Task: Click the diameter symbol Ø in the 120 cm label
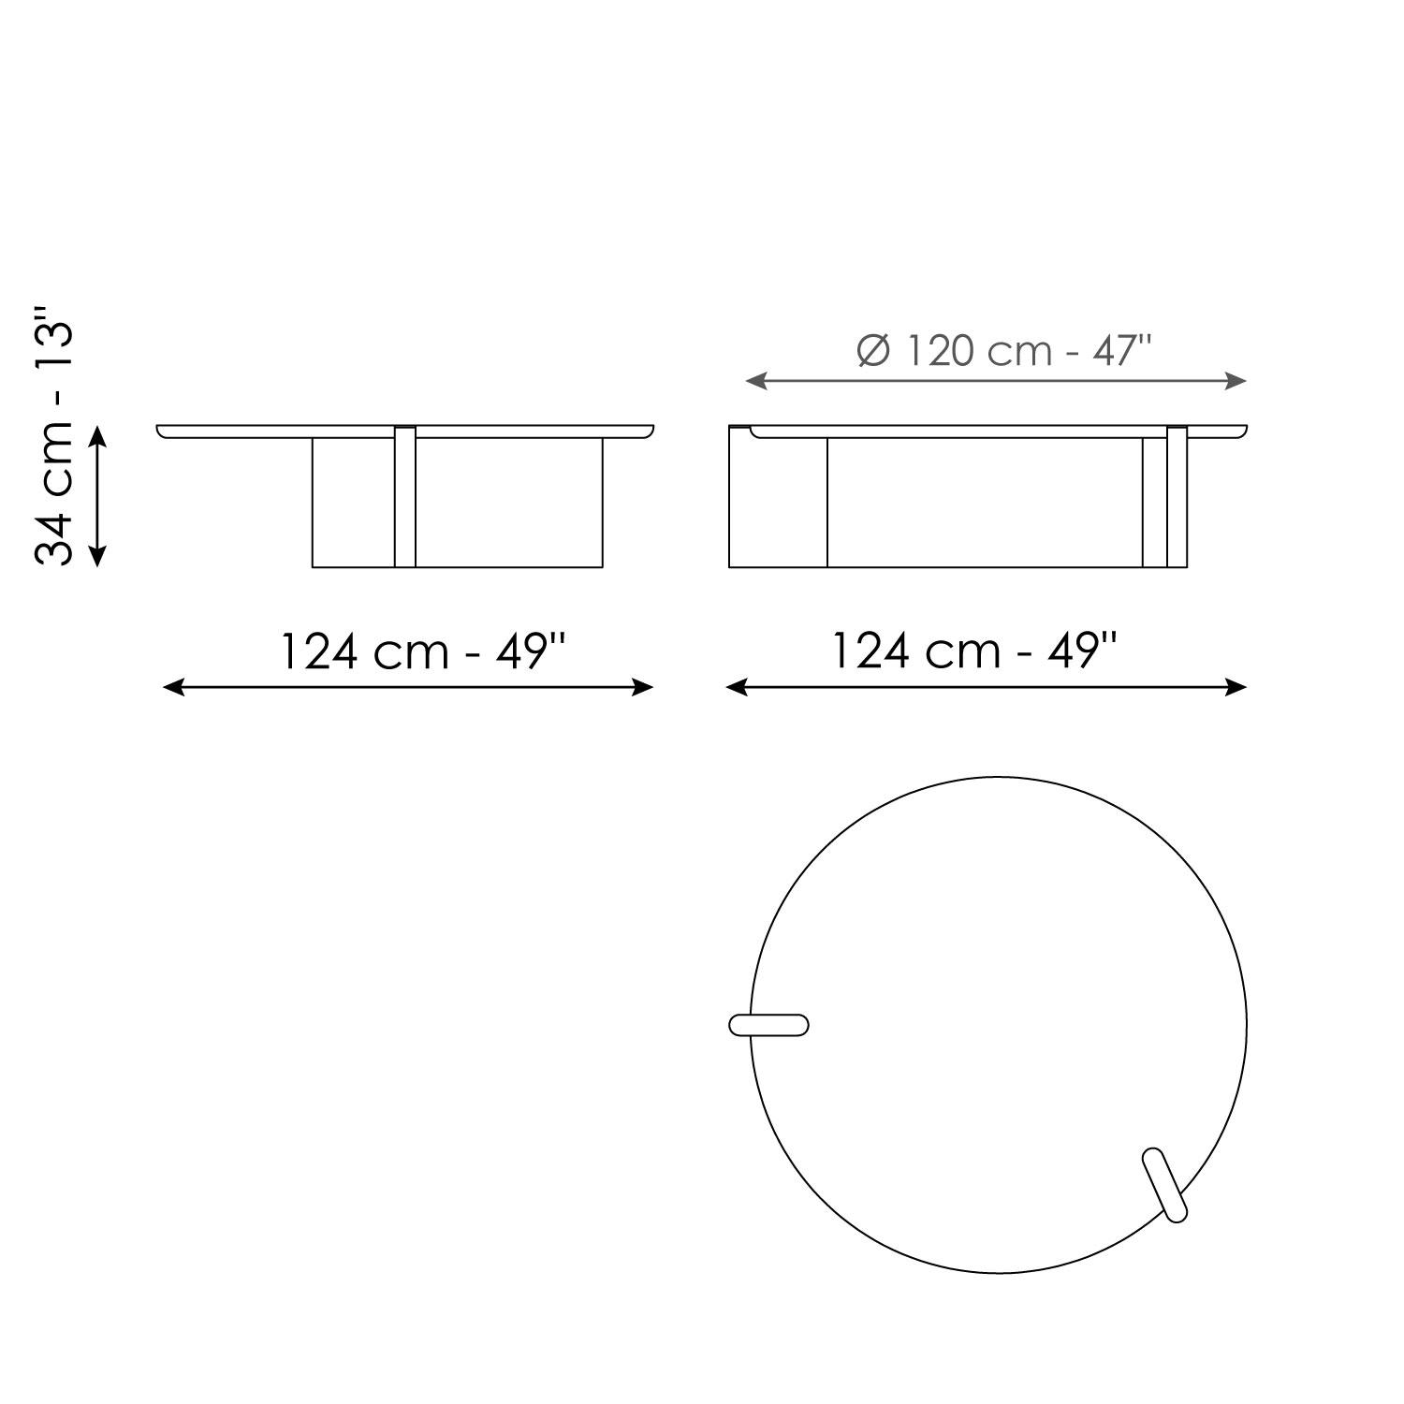pyautogui.click(x=871, y=352)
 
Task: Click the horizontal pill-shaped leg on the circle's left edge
pyautogui.click(x=768, y=1025)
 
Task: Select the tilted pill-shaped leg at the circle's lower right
pyautogui.click(x=1165, y=1185)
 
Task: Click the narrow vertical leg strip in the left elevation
pyautogui.click(x=405, y=497)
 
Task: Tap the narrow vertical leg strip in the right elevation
pyautogui.click(x=1177, y=497)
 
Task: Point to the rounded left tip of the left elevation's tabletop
pyautogui.click(x=161, y=431)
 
